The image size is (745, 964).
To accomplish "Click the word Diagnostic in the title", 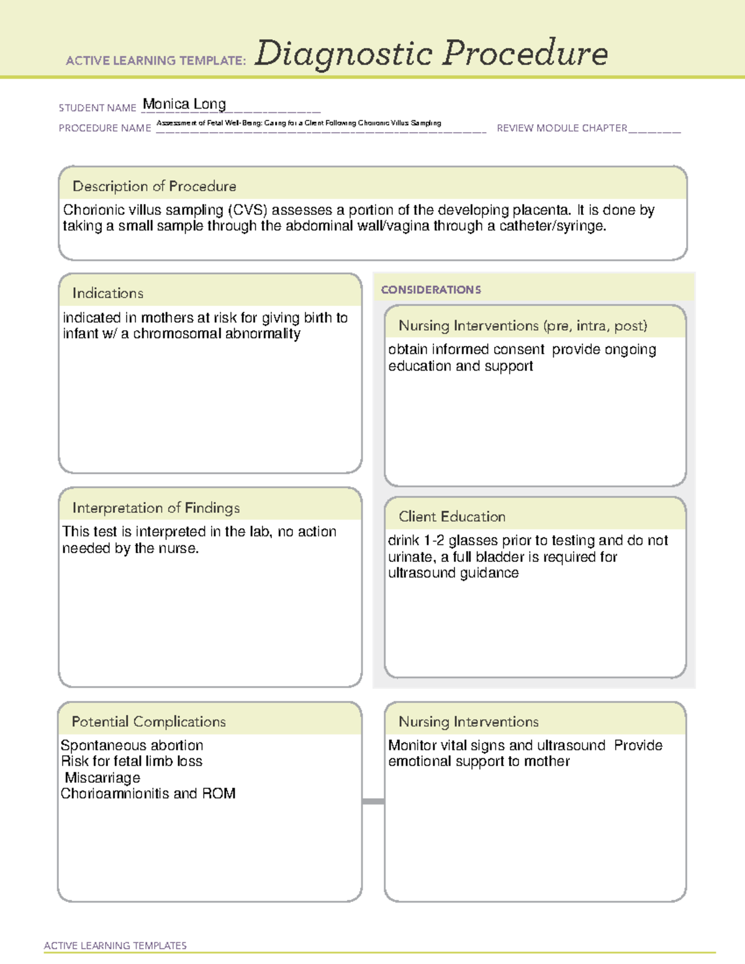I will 343,53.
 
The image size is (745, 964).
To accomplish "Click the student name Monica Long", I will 184,104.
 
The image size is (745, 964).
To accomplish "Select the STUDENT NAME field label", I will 97,108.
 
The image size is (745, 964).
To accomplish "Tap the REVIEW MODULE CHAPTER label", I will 562,128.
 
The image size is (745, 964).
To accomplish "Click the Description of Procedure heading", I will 155,186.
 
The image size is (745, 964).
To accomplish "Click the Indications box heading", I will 108,293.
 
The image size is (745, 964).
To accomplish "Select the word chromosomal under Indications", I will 183,334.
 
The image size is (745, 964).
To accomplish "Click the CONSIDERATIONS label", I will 431,290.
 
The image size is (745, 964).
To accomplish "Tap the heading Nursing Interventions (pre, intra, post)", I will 523,326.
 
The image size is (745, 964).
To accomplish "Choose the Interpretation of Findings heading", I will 156,508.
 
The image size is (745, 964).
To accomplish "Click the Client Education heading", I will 452,516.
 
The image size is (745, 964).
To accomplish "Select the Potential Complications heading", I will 149,722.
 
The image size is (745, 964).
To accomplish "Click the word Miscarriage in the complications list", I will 102,778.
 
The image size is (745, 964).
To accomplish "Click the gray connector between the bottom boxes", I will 373,801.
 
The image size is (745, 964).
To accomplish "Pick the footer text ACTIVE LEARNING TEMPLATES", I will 115,945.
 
